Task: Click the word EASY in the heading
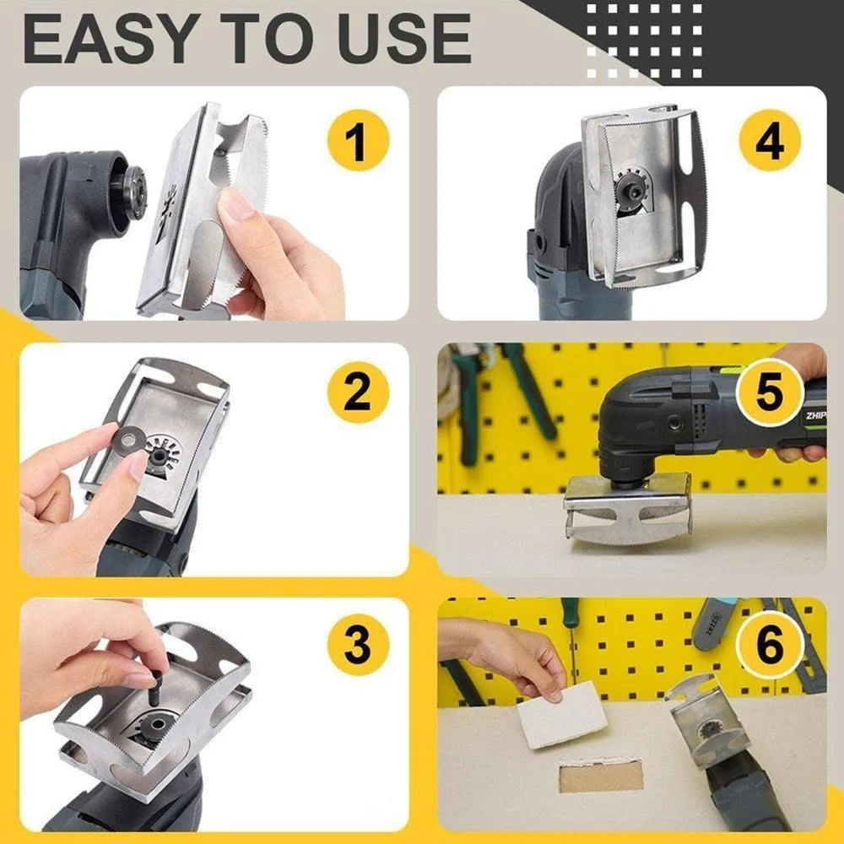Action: (x=108, y=40)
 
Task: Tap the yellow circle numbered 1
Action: (x=358, y=140)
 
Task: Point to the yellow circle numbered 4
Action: (x=770, y=140)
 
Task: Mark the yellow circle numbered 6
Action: (x=770, y=645)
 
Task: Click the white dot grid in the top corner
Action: (x=644, y=41)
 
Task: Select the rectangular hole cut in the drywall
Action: (x=601, y=775)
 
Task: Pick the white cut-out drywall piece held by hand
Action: (x=562, y=716)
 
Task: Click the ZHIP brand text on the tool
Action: (x=815, y=415)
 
